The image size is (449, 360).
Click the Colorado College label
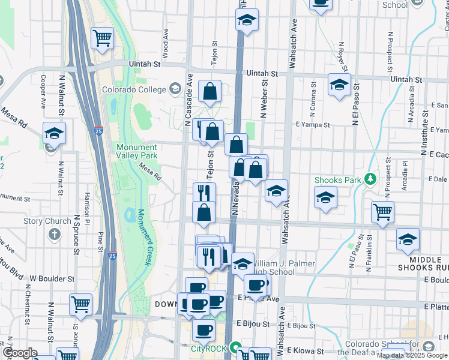pos(133,90)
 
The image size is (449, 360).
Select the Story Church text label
pos(47,221)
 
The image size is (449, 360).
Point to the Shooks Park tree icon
pos(370,179)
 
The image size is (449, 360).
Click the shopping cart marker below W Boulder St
pos(80,304)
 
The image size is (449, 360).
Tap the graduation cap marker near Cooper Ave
pos(54,133)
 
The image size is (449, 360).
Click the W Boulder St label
pos(52,279)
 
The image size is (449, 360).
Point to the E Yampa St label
pos(312,125)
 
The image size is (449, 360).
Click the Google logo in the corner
pos(20,353)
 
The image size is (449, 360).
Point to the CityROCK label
pos(208,348)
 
